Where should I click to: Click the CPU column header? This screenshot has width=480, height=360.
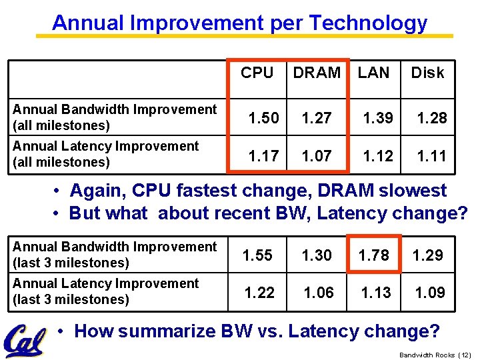click(257, 73)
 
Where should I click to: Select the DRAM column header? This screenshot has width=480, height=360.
click(317, 73)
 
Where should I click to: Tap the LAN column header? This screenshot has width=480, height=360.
click(373, 73)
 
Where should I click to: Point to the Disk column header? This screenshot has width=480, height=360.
click(427, 73)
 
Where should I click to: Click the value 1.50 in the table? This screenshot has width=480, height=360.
click(264, 118)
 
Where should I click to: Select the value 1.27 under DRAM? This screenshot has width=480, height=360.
click(317, 118)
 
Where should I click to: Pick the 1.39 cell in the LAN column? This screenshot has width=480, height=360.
click(378, 118)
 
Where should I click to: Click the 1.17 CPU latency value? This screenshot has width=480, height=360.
click(264, 156)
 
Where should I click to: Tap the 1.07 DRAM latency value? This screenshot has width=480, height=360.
click(317, 156)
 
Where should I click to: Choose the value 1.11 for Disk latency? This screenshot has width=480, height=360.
click(432, 156)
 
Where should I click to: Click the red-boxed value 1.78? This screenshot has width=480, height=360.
click(374, 255)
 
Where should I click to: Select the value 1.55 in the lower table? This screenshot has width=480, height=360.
click(257, 255)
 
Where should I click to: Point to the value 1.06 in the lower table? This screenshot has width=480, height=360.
click(319, 292)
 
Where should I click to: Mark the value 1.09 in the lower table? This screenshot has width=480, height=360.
click(430, 292)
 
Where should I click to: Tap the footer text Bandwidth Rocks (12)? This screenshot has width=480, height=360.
click(435, 355)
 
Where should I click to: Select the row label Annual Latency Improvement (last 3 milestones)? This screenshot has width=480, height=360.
click(105, 291)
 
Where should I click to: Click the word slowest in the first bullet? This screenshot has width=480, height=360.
click(413, 191)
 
